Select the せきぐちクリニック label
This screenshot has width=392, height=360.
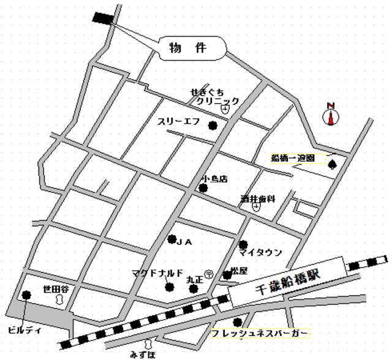pos(214,97)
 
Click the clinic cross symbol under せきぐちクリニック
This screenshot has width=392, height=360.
pos(225,110)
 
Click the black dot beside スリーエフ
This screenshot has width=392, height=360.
pos(213,126)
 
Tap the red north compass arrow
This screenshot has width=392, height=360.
pos(331,116)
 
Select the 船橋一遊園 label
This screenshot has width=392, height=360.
pos(293,157)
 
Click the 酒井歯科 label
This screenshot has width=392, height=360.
pos(258,199)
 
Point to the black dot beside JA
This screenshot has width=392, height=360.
pos(172,239)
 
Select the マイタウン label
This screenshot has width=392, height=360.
pos(260,252)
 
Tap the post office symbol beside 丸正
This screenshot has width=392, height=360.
pos(209,274)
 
